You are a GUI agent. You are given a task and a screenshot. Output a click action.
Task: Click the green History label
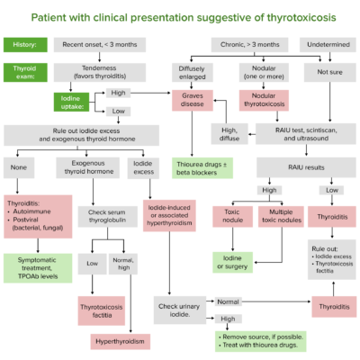pyautogui.click(x=25, y=44)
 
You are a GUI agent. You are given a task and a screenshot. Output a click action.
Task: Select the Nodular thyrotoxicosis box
pyautogui.click(x=267, y=100)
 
